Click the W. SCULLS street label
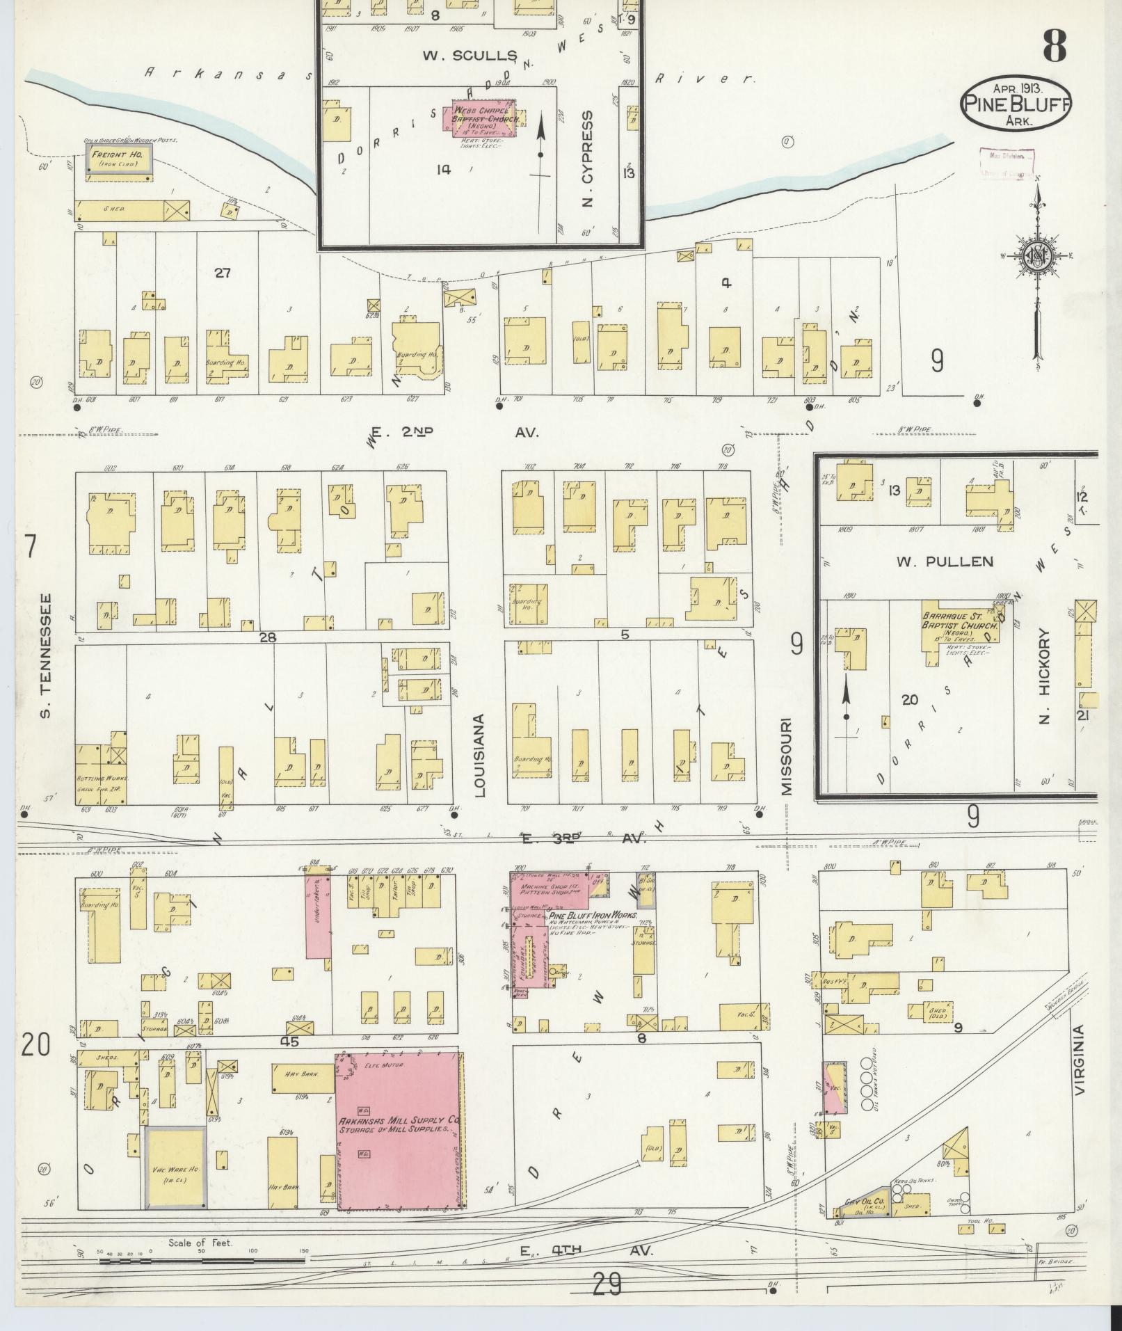470,56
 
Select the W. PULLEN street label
945,561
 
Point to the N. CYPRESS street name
588,159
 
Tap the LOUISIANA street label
481,754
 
